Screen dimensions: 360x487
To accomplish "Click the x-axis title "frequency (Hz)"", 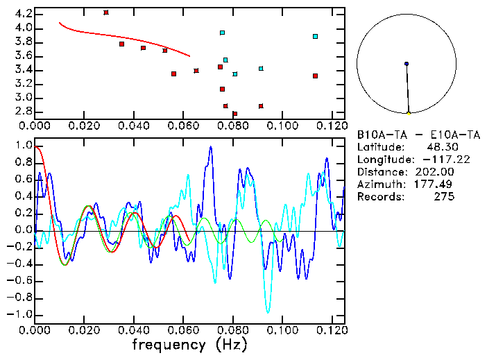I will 190,345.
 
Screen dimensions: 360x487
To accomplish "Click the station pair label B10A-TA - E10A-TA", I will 407,135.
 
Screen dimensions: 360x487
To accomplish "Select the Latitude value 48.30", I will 439,147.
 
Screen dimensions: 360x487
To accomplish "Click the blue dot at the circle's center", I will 407,64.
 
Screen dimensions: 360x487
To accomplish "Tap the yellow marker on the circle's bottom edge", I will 409,113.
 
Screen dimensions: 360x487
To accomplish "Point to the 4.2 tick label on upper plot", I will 22,14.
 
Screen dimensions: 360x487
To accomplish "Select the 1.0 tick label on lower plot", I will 22,146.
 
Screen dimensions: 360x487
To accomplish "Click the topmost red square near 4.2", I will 106,12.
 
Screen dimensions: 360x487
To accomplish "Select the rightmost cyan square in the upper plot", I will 315,36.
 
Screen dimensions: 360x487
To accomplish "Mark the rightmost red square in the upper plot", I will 315,76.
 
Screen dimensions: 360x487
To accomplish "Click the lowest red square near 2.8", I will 234,114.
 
